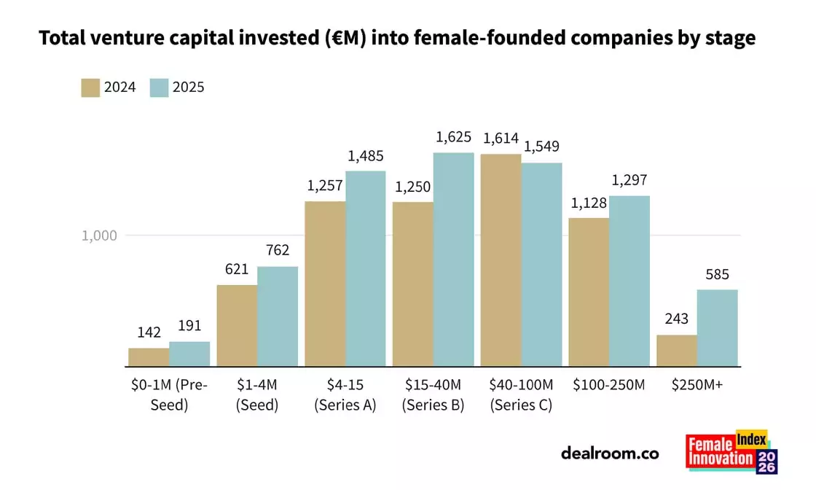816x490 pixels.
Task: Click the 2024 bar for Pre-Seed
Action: click(x=149, y=357)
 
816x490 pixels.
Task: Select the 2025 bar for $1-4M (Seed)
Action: click(x=278, y=316)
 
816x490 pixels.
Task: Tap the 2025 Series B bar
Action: click(x=453, y=260)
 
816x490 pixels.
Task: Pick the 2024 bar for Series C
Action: click(x=500, y=260)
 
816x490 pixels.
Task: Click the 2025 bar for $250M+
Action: click(x=717, y=328)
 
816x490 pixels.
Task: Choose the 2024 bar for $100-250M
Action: click(x=589, y=292)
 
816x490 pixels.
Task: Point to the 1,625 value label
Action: click(x=454, y=137)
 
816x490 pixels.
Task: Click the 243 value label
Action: click(x=677, y=319)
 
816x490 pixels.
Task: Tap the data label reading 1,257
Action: click(x=325, y=185)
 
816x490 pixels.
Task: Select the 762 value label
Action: click(x=278, y=250)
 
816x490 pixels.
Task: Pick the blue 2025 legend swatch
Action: click(x=159, y=87)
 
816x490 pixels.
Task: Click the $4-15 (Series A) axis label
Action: click(x=345, y=394)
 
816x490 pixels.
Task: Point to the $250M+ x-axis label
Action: click(x=697, y=384)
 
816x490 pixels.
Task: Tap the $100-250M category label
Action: click(x=609, y=384)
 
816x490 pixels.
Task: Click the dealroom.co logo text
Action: click(x=610, y=453)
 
